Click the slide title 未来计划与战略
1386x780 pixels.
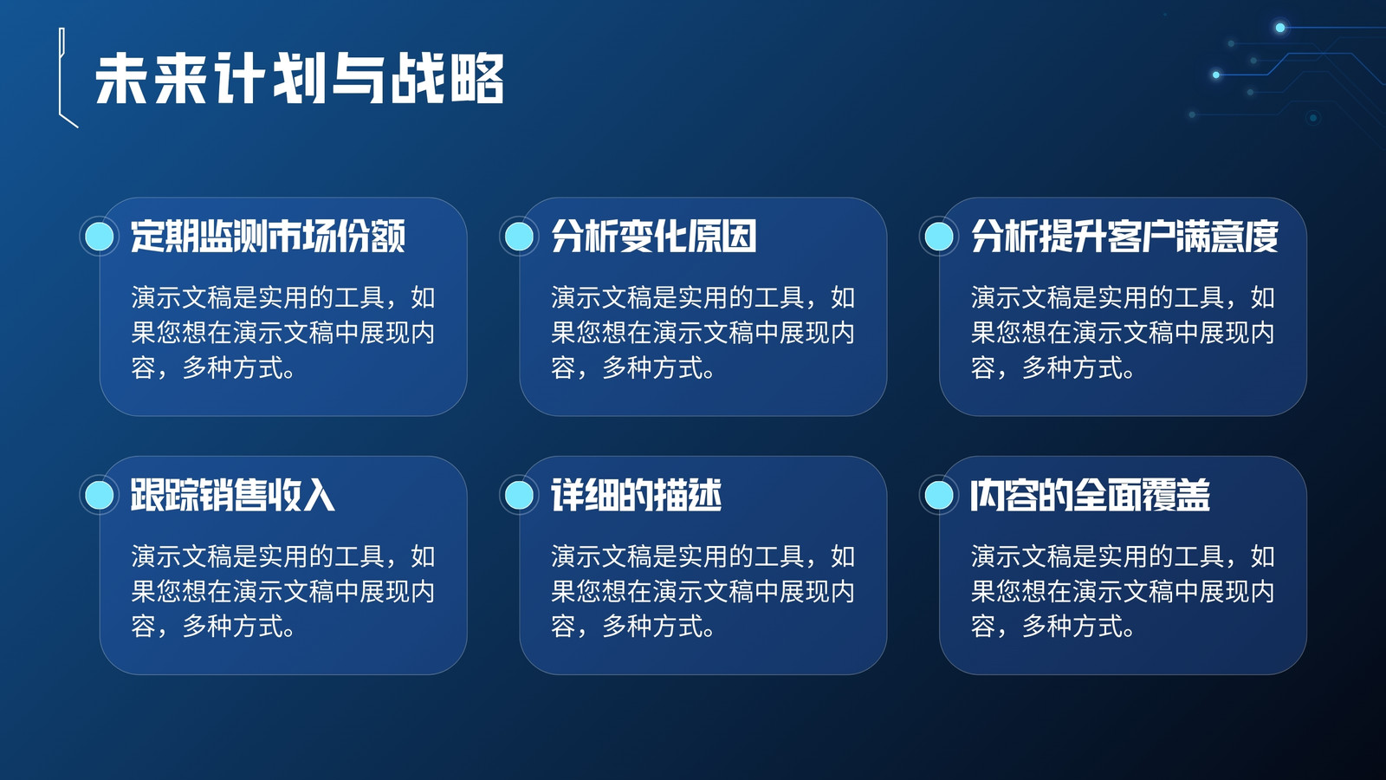[x=300, y=79]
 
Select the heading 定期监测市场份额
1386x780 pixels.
[x=268, y=236]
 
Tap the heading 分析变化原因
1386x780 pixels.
[x=653, y=236]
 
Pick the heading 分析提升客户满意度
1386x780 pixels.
[x=1124, y=236]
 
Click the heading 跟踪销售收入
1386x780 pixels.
[x=233, y=495]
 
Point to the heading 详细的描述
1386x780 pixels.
[x=636, y=495]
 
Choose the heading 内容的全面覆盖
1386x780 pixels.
[x=1090, y=495]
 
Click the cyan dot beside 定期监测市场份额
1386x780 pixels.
[x=100, y=236]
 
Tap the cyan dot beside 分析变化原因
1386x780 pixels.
[x=519, y=236]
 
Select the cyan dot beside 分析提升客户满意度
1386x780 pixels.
[x=939, y=236]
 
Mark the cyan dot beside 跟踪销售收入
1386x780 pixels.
[x=100, y=495]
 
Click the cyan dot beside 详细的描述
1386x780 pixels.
[x=519, y=495]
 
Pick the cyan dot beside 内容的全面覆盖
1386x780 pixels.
[x=939, y=495]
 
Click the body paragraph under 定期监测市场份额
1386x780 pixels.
[x=282, y=333]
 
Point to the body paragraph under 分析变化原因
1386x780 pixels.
[x=703, y=333]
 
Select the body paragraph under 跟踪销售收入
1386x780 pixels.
[x=282, y=592]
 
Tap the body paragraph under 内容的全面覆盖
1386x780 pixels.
[x=1123, y=592]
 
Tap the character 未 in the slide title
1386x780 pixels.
[x=121, y=79]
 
